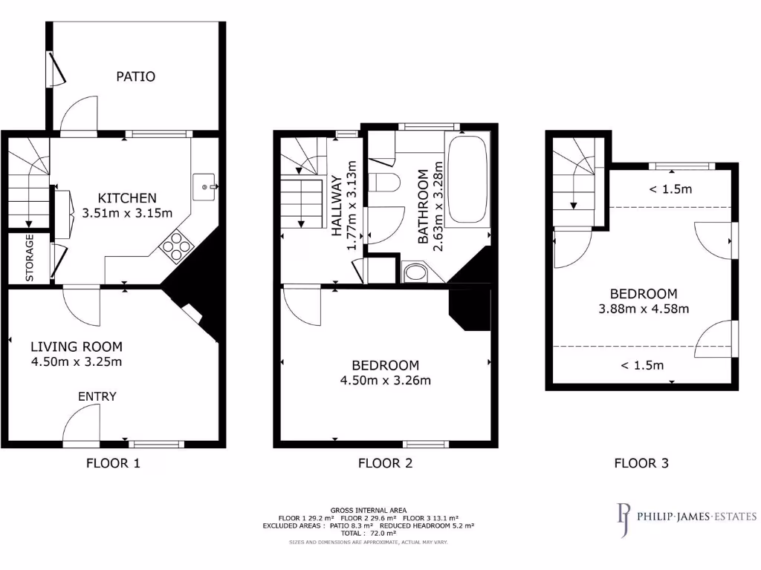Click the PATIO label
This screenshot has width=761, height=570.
pos(135,76)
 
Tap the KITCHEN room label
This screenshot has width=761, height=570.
pos(128,198)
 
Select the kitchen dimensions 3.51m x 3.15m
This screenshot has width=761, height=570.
pos(128,213)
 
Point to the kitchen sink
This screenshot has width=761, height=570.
pos(204,182)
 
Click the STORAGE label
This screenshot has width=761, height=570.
pos(30,258)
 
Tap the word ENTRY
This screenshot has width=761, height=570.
pos(97,396)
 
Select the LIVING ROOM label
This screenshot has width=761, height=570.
pos(76,347)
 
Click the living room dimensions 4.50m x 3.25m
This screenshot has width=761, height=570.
pos(76,362)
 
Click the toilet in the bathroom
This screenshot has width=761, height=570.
pos(387,183)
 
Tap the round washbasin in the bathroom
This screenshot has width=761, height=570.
pos(414,272)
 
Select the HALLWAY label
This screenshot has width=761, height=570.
pos(337,206)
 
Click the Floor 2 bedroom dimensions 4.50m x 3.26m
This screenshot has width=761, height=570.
pos(385,381)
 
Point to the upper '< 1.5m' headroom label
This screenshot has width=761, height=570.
pos(670,189)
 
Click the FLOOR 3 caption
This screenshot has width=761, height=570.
pos(641,464)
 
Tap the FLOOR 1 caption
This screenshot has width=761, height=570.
pos(113,464)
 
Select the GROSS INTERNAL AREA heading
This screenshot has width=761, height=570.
pos(369,510)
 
